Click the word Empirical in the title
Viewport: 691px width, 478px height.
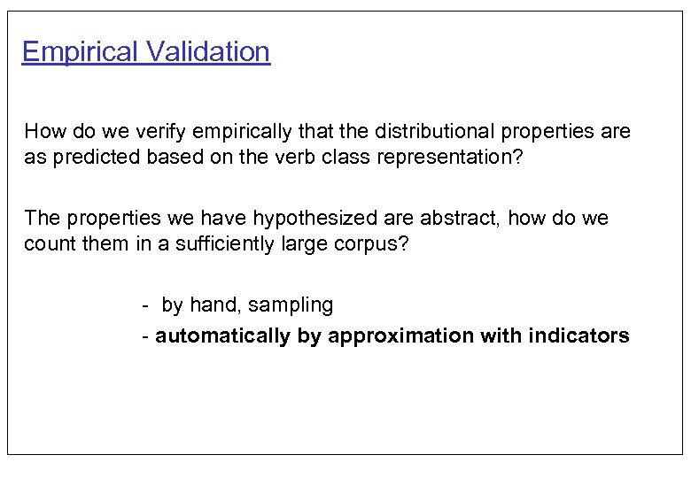(x=81, y=52)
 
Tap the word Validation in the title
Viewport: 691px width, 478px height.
(x=208, y=52)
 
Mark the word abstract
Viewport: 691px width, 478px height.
(x=458, y=218)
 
